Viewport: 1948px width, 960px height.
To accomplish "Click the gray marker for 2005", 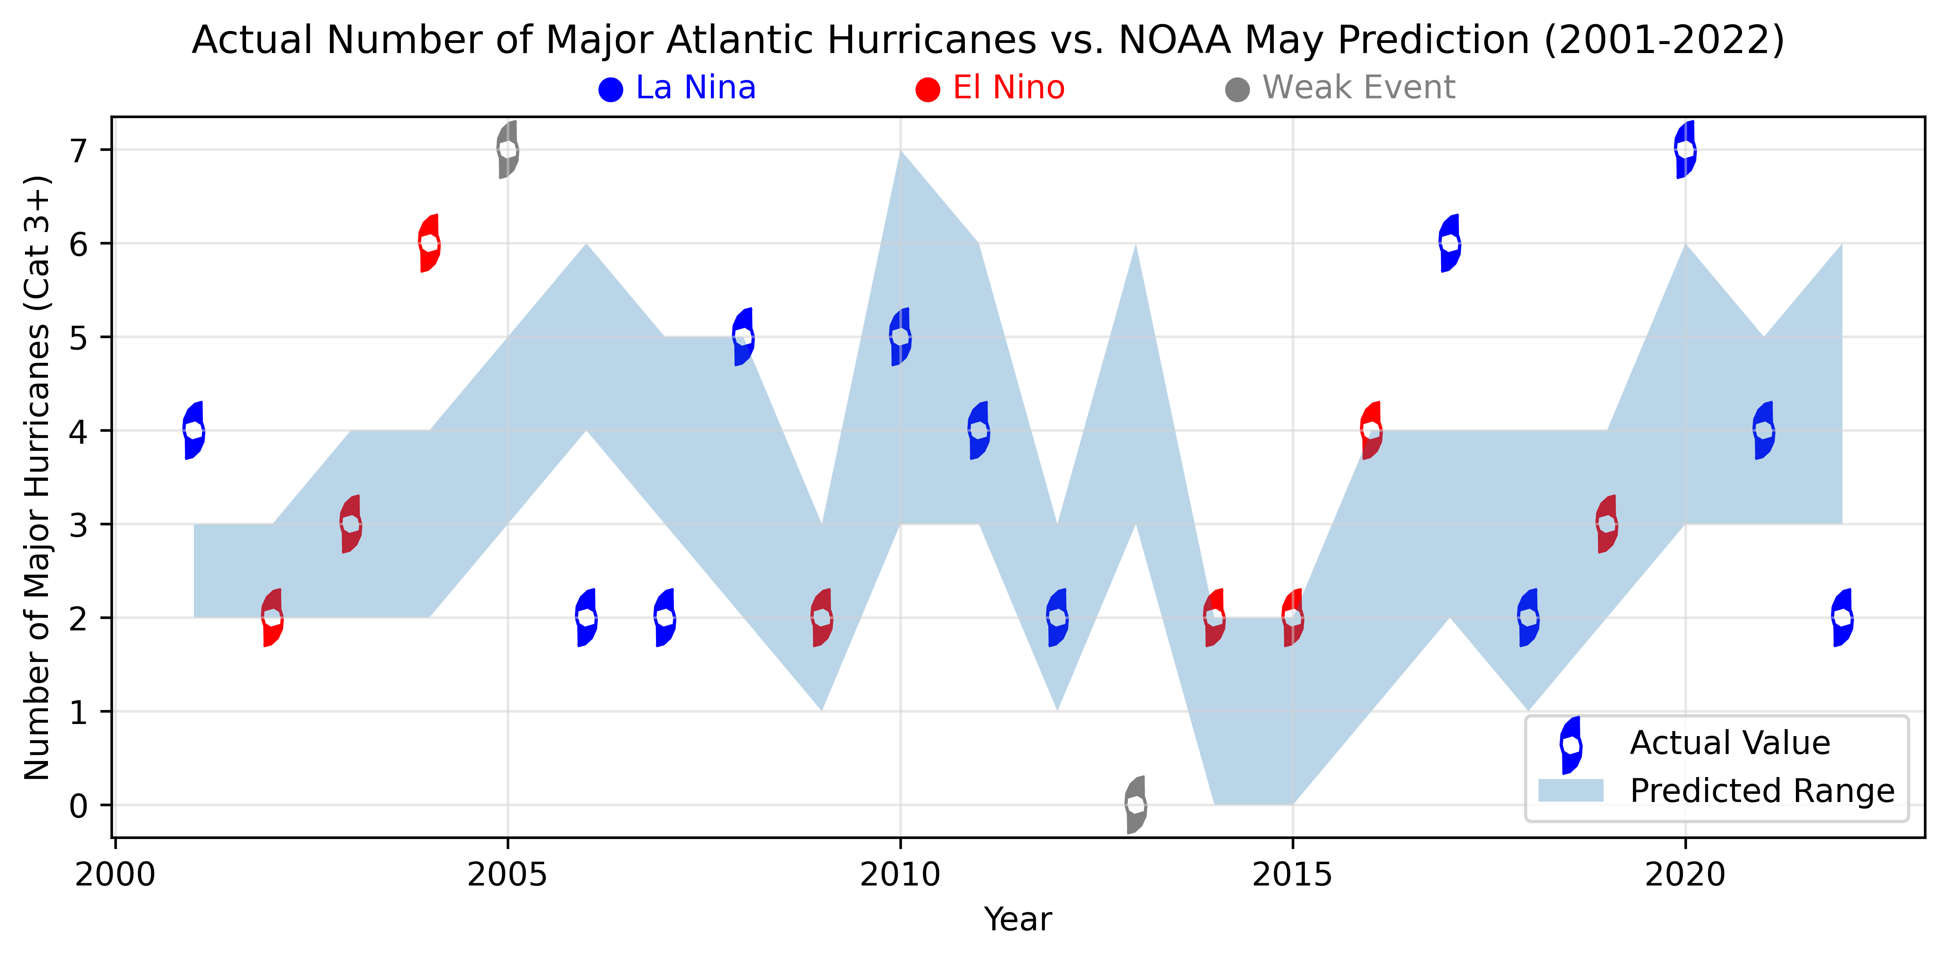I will pyautogui.click(x=507, y=150).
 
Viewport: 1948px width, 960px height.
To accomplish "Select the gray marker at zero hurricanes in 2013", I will pyautogui.click(x=1135, y=805).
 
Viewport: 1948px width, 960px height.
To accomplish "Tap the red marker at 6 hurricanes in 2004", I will pyautogui.click(x=429, y=243).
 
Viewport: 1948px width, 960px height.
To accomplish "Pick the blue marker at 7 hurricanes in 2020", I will pyautogui.click(x=1685, y=150).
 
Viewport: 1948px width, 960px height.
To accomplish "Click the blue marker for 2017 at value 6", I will pyautogui.click(x=1450, y=243).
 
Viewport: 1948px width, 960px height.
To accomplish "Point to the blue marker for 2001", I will pyautogui.click(x=193, y=430).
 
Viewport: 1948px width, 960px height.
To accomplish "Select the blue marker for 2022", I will pyautogui.click(x=1842, y=617).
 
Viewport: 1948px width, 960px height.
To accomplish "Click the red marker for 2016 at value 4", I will pyautogui.click(x=1371, y=430).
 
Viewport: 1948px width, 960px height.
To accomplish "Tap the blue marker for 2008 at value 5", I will pyautogui.click(x=743, y=337).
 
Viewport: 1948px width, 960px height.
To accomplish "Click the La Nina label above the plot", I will pyautogui.click(x=695, y=88).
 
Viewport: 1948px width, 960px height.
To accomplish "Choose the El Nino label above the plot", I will pyautogui.click(x=1008, y=88).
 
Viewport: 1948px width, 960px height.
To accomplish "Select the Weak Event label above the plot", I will pyautogui.click(x=1358, y=88).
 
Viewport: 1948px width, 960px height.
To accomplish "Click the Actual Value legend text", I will pyautogui.click(x=1730, y=743).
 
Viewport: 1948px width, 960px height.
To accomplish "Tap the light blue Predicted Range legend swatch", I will pyautogui.click(x=1570, y=791).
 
